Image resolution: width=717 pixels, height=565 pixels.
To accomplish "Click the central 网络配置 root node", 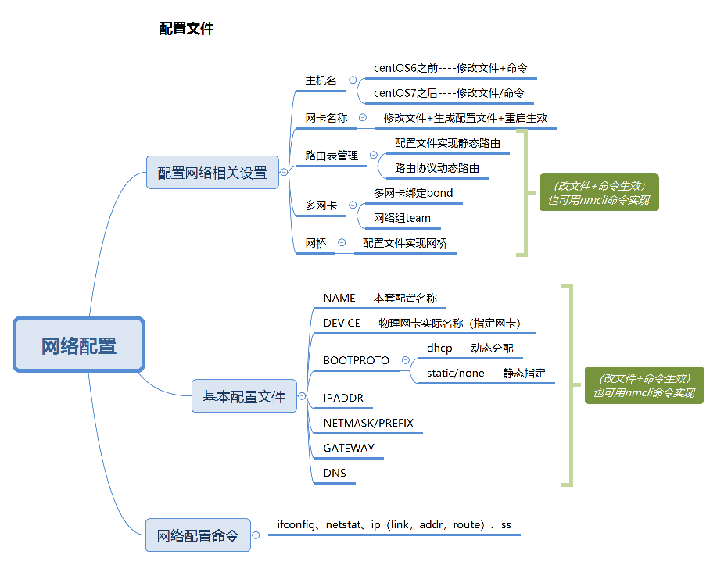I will (x=79, y=345).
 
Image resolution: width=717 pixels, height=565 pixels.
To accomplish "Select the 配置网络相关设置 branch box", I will (x=213, y=173).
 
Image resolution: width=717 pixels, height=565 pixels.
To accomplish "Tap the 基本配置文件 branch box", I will (x=244, y=396).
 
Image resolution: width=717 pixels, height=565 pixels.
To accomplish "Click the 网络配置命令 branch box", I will (x=198, y=535).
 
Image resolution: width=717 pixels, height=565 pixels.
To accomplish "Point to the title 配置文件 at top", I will (x=186, y=29).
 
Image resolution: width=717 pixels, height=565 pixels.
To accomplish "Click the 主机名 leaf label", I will (x=321, y=80).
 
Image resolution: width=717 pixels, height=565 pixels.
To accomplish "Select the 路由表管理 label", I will (x=332, y=156).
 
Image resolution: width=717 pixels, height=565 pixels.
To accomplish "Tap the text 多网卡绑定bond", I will (x=413, y=193).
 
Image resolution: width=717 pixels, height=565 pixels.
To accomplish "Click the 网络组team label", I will (x=402, y=218).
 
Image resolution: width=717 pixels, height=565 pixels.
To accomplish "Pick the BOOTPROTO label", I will (x=356, y=360).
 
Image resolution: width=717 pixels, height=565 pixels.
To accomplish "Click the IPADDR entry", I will (x=343, y=398).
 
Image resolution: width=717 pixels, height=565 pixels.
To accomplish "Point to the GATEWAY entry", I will (x=349, y=448).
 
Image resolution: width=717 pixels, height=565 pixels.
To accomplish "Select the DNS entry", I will (x=335, y=473).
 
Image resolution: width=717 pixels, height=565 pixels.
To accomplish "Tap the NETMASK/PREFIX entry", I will (x=368, y=423).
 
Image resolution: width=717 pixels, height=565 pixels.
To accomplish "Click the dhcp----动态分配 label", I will (x=470, y=348).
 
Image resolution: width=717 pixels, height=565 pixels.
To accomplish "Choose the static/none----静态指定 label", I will (x=486, y=373).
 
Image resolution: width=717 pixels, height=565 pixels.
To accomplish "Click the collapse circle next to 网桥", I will (x=342, y=243).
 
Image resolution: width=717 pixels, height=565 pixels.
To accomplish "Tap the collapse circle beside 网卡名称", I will (x=363, y=118).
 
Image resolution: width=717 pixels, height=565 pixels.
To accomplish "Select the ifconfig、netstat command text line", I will (x=394, y=524).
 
